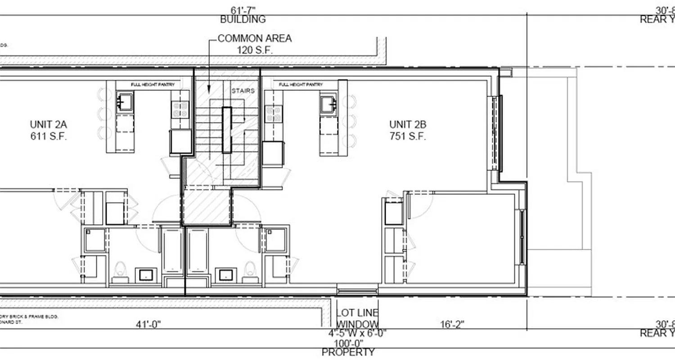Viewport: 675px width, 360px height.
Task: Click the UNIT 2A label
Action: coord(48,125)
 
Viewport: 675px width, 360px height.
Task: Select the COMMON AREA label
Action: coord(254,39)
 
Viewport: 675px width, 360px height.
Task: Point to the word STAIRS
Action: coord(243,90)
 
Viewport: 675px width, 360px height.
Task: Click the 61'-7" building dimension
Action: coord(243,10)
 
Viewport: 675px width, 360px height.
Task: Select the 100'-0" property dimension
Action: coord(349,343)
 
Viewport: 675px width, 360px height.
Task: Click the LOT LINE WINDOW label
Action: coord(358,319)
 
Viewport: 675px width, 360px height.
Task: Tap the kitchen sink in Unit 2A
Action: coord(125,102)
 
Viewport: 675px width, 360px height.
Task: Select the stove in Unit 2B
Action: coord(273,113)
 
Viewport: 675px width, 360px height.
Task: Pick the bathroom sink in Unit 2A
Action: coord(146,274)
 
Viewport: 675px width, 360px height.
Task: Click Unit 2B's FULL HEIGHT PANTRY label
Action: coord(301,85)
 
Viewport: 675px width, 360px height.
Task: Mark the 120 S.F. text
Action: coord(254,49)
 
